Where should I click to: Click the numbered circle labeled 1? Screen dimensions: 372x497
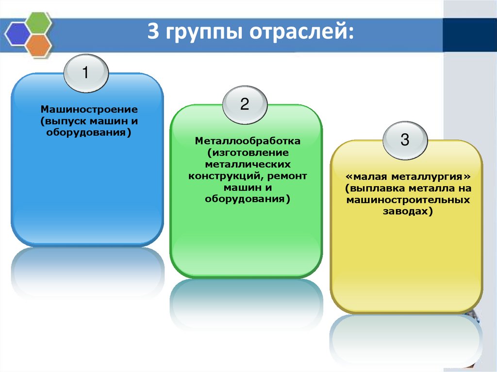(x=85, y=73)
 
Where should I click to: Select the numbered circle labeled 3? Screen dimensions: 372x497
(x=405, y=140)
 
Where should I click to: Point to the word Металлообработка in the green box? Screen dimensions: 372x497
(x=248, y=141)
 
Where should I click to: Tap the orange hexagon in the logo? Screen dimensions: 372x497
(x=39, y=45)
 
